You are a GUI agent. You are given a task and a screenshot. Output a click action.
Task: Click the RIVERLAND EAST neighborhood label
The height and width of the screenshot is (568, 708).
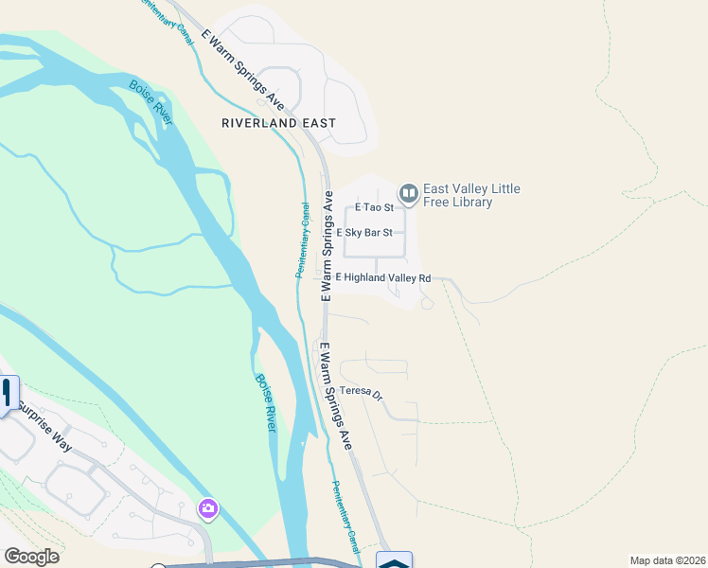(279, 123)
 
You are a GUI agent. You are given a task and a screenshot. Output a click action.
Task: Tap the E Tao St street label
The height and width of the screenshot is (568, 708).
(373, 207)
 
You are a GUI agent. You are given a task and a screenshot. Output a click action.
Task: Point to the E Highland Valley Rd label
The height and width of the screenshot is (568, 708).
(383, 277)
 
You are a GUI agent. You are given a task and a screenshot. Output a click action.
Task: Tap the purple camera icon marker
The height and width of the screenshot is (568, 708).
(207, 509)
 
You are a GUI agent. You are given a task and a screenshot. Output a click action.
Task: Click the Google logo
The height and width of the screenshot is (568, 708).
(31, 557)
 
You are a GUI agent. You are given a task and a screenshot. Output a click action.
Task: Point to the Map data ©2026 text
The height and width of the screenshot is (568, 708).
(667, 560)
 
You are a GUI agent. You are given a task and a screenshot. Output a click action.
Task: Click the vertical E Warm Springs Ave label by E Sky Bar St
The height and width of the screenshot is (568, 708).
(327, 247)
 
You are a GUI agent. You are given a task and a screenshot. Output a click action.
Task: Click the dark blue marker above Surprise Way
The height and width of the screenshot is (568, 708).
(9, 393)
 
